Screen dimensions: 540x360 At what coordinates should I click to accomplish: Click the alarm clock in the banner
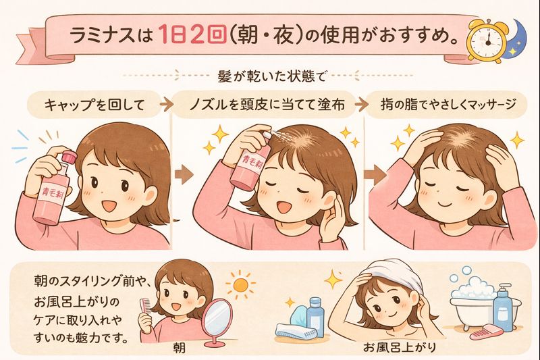486,41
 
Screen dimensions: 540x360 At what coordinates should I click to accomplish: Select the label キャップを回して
94,105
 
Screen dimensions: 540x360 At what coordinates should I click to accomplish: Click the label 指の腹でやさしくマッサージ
448,105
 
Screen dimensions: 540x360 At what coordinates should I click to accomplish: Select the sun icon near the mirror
241,285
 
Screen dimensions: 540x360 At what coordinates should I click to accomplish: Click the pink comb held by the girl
144,307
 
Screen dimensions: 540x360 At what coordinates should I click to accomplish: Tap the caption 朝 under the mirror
179,348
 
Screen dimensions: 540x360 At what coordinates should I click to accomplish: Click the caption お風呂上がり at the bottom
400,347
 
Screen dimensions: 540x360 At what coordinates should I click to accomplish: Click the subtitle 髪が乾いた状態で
272,76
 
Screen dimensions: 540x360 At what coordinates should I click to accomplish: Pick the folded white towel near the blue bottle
296,332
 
